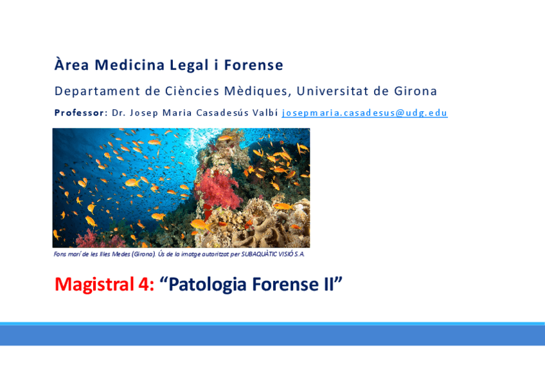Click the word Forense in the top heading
[253, 65]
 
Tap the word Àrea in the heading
[71, 64]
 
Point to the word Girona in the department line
[415, 91]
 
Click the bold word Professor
[79, 112]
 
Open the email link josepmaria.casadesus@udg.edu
[364, 113]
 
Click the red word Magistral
[94, 284]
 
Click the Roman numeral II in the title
[328, 284]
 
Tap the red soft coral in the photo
[219, 190]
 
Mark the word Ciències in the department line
[192, 91]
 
